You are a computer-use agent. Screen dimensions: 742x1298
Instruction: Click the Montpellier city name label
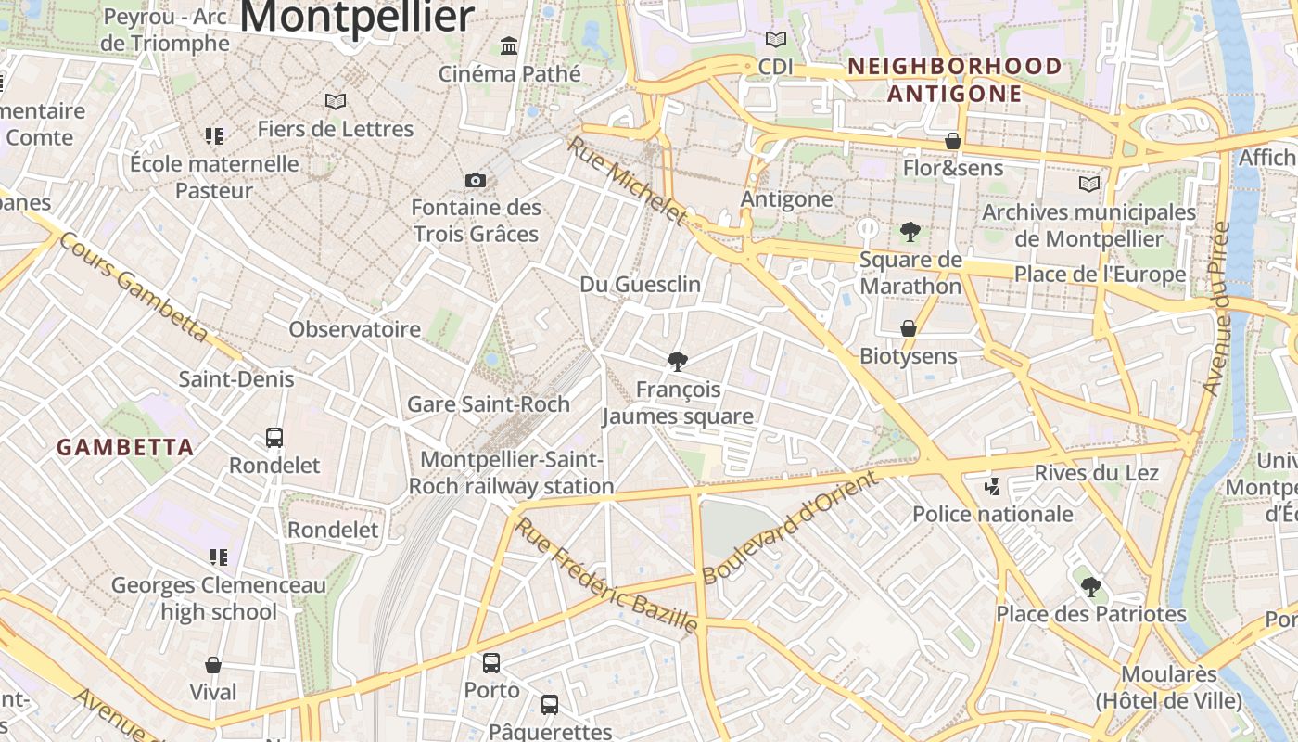point(358,17)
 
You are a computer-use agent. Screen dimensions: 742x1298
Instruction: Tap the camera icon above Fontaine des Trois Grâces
point(476,180)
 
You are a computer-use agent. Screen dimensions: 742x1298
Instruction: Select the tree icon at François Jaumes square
point(678,361)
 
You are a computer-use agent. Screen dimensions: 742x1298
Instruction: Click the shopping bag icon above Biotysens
point(909,328)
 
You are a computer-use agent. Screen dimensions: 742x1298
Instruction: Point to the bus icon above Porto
point(491,663)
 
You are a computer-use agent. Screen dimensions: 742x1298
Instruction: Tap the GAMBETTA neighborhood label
point(125,447)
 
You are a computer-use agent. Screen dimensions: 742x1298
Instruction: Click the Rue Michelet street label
point(628,182)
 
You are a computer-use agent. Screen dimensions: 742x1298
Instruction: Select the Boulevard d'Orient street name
point(789,528)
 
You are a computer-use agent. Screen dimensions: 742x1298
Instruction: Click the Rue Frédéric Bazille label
point(606,576)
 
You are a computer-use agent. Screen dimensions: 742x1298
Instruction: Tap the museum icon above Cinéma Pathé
point(509,45)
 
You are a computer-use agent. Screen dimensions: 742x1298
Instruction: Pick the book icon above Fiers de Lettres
point(336,101)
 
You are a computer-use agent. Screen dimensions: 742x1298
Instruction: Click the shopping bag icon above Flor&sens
point(952,141)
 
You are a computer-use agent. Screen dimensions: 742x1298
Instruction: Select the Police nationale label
point(993,514)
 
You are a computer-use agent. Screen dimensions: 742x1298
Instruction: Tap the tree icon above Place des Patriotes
point(1091,586)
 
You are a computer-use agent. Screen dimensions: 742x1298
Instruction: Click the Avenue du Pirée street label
point(1216,309)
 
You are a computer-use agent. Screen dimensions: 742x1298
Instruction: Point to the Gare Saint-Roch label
point(489,404)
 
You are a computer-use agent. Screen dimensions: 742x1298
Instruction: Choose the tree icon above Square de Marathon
point(910,232)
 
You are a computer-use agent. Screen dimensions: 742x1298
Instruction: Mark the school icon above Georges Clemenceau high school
point(219,557)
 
